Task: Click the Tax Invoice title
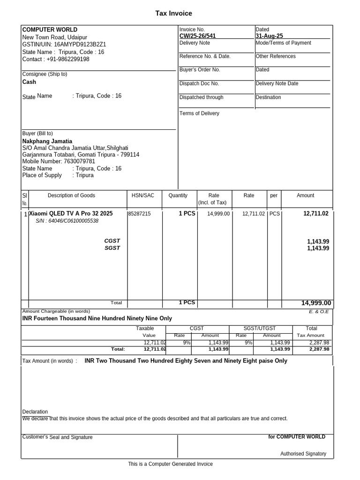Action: click(x=173, y=14)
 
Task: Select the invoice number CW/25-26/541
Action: click(x=197, y=36)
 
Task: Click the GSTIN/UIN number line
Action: click(x=64, y=45)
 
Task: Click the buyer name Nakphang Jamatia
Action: click(x=47, y=141)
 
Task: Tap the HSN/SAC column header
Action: click(x=142, y=195)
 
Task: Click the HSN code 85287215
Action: click(x=139, y=214)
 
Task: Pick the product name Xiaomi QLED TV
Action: click(x=71, y=213)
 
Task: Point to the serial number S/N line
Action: click(x=67, y=221)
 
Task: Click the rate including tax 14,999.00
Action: click(x=218, y=214)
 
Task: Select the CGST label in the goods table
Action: click(x=112, y=241)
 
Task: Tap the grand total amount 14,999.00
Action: click(x=316, y=303)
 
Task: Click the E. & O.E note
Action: click(x=319, y=312)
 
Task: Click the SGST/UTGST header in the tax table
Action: click(x=261, y=329)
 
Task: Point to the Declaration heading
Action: click(x=35, y=412)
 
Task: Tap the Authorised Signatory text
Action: click(x=303, y=454)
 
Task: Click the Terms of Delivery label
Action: click(x=199, y=113)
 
